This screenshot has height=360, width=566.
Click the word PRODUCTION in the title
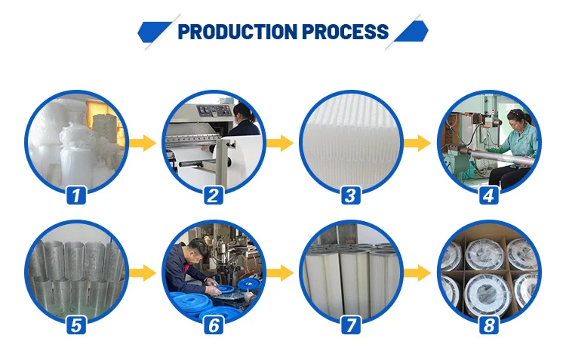[x=238, y=32]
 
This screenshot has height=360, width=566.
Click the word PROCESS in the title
[x=346, y=32]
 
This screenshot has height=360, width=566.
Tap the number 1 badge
[x=76, y=195]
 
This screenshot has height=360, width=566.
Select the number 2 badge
[x=214, y=195]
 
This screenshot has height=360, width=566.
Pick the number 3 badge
[x=351, y=195]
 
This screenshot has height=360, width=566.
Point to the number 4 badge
[x=489, y=195]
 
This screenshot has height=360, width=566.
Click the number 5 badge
[x=76, y=325]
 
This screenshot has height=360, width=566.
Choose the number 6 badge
[x=214, y=325]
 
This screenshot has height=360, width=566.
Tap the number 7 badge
[x=351, y=325]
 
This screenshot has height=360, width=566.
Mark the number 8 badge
[x=489, y=325]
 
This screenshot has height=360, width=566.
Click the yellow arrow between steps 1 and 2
[x=143, y=143]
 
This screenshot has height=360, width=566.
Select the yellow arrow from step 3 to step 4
[x=417, y=143]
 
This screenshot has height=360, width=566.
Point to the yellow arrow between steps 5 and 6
[x=143, y=273]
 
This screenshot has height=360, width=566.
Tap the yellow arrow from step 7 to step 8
[x=417, y=273]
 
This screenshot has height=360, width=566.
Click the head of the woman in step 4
[x=516, y=118]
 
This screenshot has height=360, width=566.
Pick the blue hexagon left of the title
[x=154, y=32]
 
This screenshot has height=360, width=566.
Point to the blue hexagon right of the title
[x=411, y=32]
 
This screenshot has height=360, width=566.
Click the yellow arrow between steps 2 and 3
[x=281, y=143]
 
